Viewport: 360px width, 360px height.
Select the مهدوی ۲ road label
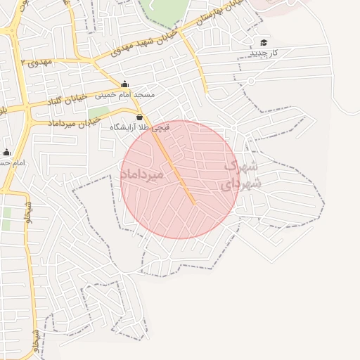[x=37, y=63]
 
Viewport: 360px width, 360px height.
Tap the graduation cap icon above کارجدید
[x=264, y=43]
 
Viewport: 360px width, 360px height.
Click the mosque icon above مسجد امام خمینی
[x=125, y=84]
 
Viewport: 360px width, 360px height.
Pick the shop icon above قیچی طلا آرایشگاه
[x=139, y=117]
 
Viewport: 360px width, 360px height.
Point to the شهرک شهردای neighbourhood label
[x=241, y=176]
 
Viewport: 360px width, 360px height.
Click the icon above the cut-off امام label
[x=7, y=152]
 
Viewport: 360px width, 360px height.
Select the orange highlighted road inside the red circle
[x=175, y=168]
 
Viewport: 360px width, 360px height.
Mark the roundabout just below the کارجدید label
[x=250, y=80]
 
